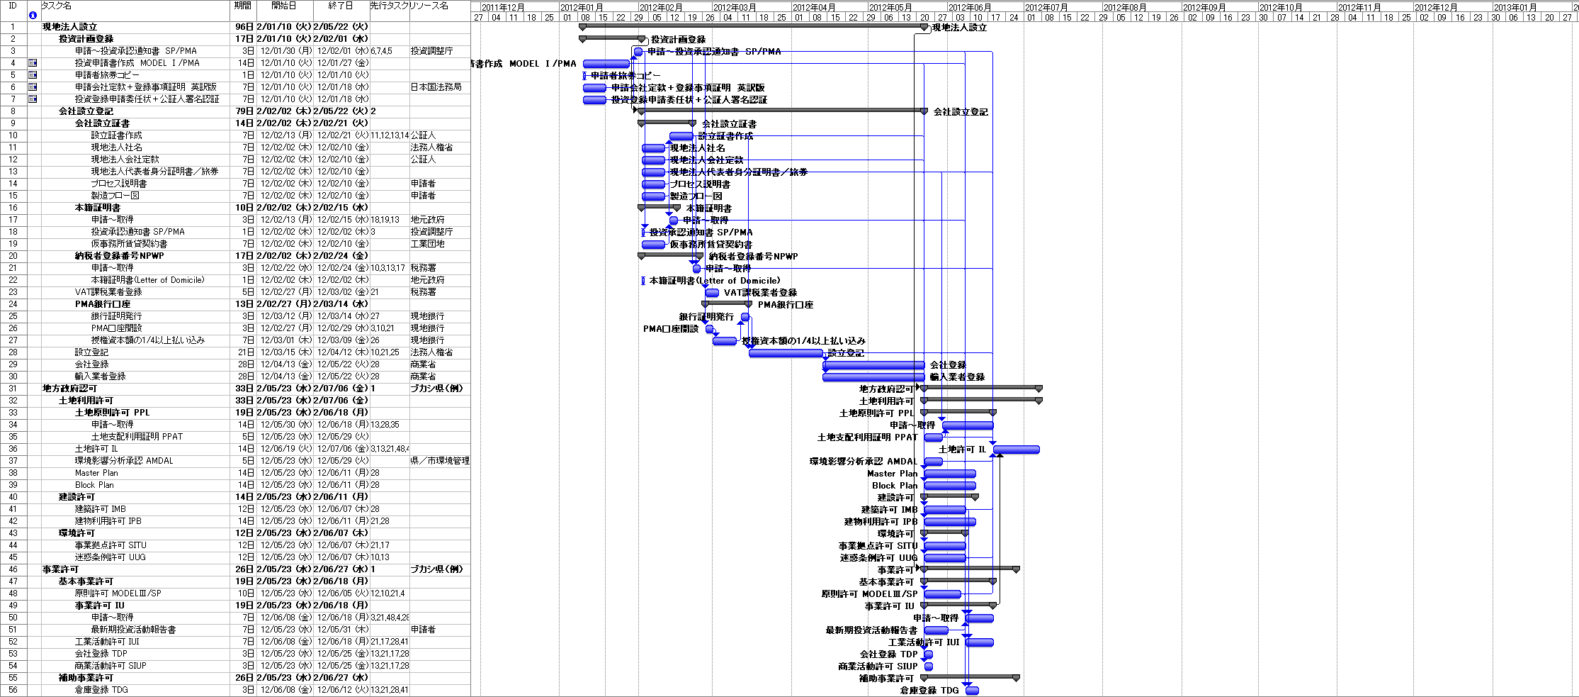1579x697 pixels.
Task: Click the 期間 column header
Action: [x=242, y=6]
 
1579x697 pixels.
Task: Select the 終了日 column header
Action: [x=341, y=6]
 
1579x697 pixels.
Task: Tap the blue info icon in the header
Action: [x=33, y=15]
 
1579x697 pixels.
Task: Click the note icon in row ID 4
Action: [x=33, y=63]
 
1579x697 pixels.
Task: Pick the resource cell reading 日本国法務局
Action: [x=436, y=87]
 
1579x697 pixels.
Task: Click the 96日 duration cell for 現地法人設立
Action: [x=244, y=27]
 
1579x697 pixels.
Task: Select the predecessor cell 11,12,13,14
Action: [x=390, y=135]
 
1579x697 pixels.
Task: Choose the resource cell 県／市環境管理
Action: [x=440, y=461]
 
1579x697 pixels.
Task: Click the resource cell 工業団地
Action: [x=428, y=244]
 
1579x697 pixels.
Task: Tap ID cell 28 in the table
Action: [x=13, y=352]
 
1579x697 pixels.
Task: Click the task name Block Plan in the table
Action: [x=94, y=485]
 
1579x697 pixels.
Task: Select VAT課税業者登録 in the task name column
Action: [x=108, y=292]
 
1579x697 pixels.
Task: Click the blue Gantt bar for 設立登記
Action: [x=786, y=353]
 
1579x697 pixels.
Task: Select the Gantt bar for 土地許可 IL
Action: [x=1016, y=450]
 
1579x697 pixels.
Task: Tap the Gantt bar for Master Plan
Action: [x=950, y=474]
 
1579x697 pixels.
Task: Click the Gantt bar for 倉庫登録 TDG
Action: [x=972, y=691]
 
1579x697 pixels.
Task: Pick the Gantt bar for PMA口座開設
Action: [x=709, y=329]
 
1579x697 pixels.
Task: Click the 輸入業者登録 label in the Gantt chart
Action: [x=957, y=377]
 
